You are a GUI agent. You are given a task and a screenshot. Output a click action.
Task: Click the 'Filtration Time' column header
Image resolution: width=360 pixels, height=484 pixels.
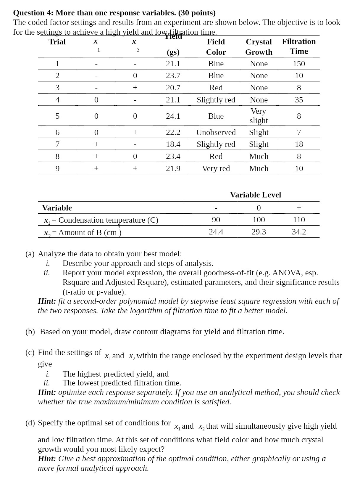point(299,46)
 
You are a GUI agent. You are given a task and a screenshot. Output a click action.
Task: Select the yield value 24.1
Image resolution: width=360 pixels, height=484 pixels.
point(173,116)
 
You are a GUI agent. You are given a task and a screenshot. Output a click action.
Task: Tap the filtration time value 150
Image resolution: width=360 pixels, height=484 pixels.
point(299,64)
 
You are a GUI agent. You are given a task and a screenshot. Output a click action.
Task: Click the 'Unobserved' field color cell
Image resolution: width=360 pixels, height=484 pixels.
point(216,132)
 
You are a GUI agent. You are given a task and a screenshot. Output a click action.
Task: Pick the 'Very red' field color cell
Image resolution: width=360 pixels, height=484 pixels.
point(216,168)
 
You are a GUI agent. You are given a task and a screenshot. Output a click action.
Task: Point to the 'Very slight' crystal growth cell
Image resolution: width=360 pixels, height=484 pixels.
point(259,116)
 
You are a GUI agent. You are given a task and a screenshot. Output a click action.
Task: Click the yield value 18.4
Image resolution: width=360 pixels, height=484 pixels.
point(173,144)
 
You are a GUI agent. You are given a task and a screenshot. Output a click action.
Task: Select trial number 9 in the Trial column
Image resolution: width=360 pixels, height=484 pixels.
point(57,168)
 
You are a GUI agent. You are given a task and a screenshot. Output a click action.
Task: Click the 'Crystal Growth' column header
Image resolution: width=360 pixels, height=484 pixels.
point(259,47)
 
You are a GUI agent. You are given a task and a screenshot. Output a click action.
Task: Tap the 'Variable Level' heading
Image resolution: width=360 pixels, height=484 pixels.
point(256,195)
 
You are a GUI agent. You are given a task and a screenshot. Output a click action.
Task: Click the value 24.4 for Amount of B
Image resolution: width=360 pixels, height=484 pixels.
point(216,232)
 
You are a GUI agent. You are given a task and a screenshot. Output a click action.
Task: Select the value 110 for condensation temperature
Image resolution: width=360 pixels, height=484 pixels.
point(299,220)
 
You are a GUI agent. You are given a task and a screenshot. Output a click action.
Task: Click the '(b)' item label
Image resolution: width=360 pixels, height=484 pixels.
point(30,332)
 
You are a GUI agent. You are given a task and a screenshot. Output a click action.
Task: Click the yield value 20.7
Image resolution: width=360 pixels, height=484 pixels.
point(173,88)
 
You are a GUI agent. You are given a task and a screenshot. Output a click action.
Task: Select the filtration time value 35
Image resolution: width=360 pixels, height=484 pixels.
point(299,100)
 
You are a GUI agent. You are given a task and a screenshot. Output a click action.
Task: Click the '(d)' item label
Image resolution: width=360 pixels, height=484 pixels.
point(30,423)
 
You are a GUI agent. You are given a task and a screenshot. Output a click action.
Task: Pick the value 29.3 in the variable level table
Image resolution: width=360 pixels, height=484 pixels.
point(259,232)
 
